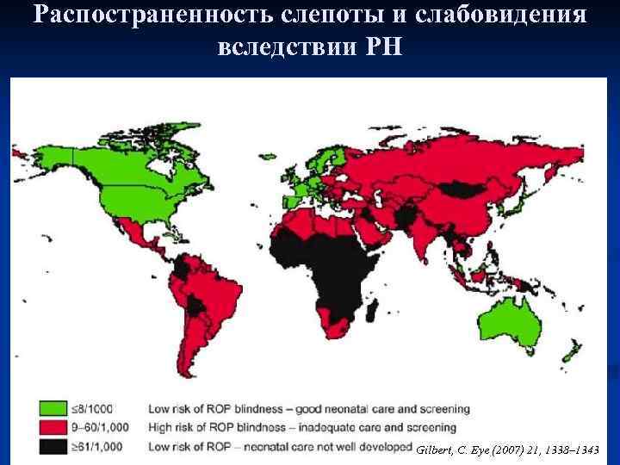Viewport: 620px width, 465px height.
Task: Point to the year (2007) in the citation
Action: click(x=500, y=450)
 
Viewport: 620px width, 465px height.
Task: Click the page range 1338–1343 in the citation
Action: click(x=576, y=450)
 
